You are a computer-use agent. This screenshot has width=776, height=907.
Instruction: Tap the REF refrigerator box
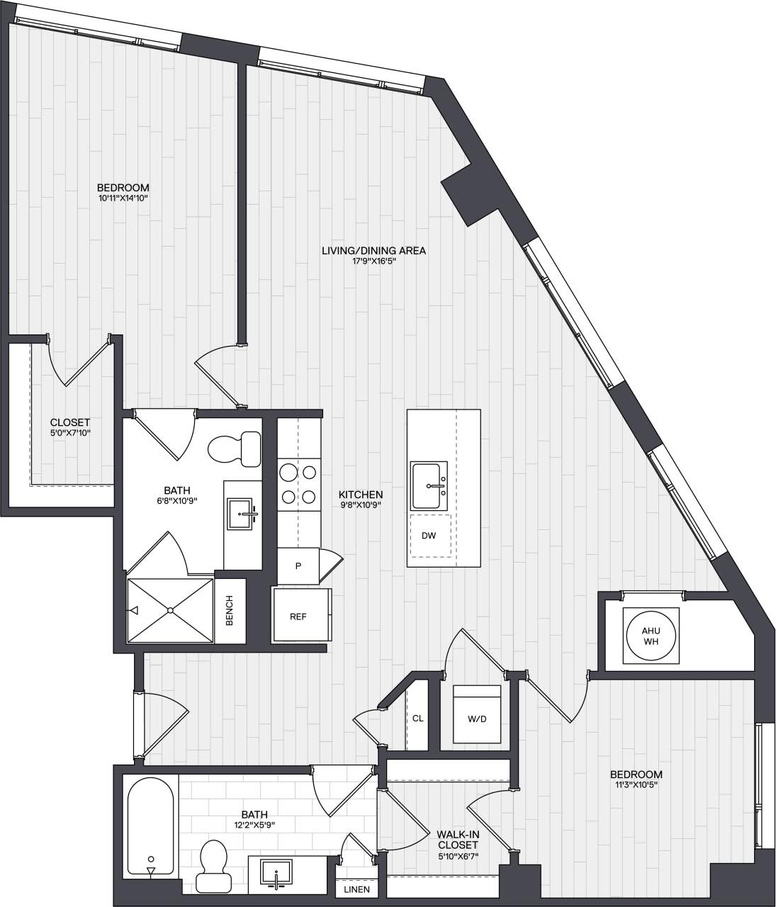(x=298, y=616)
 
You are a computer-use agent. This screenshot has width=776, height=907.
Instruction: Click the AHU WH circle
(x=650, y=636)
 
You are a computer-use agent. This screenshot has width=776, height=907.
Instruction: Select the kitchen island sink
(x=429, y=485)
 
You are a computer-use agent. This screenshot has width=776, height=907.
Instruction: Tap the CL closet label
(x=417, y=718)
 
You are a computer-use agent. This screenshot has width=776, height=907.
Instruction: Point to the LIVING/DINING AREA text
(x=373, y=251)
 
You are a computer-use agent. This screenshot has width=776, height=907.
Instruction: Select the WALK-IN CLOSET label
(x=457, y=840)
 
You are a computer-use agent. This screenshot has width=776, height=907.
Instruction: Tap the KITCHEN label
(x=361, y=495)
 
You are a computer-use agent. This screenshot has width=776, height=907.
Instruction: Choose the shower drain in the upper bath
(x=170, y=610)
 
